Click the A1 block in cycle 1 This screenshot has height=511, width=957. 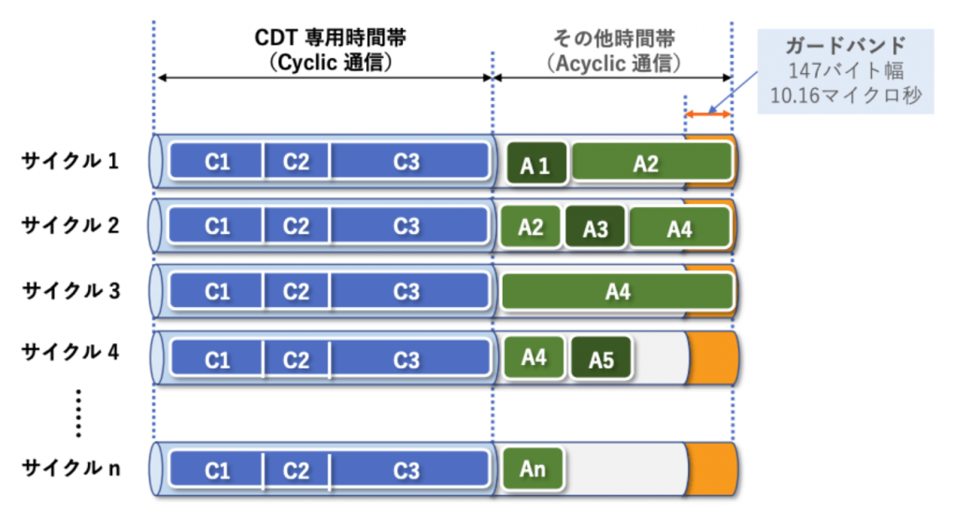[x=536, y=165]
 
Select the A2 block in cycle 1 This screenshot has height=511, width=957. [x=650, y=163]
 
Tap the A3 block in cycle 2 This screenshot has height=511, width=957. [x=595, y=228]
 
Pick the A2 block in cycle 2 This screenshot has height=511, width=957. [x=531, y=226]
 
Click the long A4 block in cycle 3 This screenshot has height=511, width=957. [x=617, y=292]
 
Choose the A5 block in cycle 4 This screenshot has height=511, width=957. [x=601, y=358]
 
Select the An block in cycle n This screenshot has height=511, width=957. [x=532, y=468]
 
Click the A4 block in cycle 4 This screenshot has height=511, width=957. [x=533, y=356]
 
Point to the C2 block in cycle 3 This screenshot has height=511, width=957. [x=296, y=292]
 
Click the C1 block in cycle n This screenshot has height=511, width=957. [x=217, y=470]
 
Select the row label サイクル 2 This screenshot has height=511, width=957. [x=71, y=226]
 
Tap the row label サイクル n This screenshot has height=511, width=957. [x=71, y=468]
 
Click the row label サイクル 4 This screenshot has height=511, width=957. [x=71, y=354]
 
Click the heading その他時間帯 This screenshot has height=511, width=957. [x=613, y=38]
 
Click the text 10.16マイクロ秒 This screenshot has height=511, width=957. [x=846, y=95]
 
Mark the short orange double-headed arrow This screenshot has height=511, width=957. [x=707, y=114]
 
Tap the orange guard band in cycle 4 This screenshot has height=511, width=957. [x=714, y=357]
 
